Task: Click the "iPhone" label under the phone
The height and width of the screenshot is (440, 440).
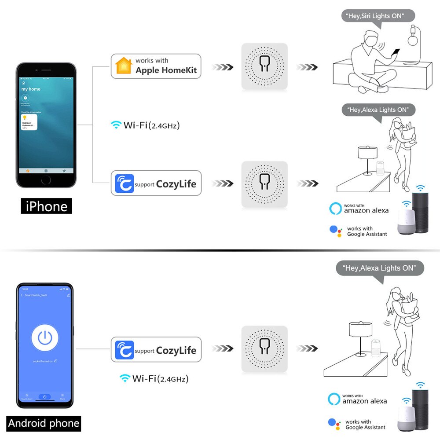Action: point(46,206)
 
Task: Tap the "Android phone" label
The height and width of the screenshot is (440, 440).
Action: point(44,423)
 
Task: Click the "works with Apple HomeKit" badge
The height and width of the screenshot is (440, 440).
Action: point(156,66)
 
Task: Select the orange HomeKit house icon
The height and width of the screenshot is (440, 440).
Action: point(123,66)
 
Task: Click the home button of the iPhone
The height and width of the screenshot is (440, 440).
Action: point(46,180)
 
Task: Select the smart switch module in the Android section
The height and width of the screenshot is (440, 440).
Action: point(264,349)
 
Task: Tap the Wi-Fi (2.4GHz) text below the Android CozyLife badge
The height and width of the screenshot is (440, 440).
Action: point(157,378)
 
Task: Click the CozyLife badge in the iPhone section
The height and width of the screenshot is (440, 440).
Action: point(156,183)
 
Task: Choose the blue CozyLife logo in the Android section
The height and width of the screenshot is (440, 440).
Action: point(124,350)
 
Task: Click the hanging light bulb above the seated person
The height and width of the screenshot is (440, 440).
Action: point(412,37)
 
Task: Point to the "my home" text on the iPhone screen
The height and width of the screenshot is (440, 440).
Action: point(31,89)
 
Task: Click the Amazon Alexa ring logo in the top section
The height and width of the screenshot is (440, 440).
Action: point(335,208)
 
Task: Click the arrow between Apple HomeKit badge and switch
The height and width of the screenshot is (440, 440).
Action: point(222,67)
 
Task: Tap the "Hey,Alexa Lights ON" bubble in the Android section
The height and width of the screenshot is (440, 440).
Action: point(379,268)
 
